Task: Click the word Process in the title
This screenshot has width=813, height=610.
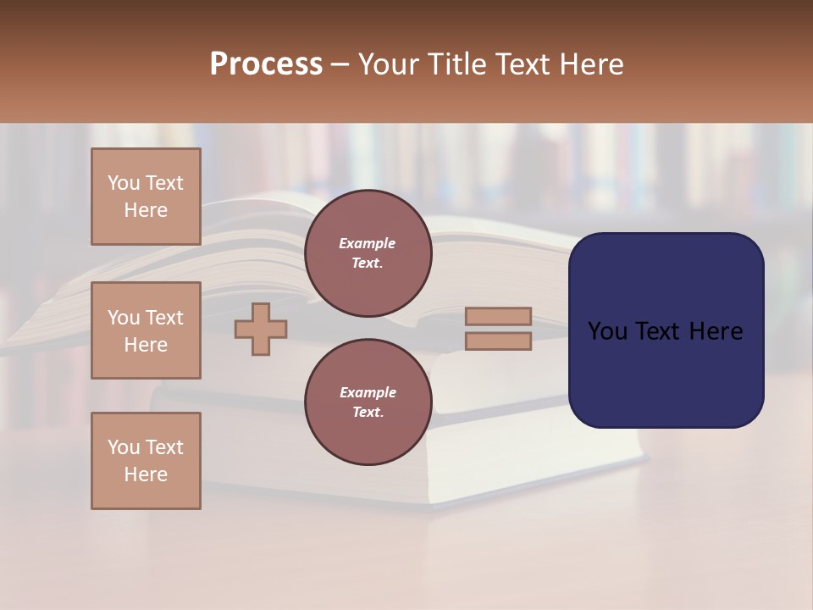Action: tap(266, 64)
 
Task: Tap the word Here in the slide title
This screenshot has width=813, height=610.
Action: tap(589, 64)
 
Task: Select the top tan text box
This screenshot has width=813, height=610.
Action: tap(146, 197)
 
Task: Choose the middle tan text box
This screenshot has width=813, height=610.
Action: tap(146, 330)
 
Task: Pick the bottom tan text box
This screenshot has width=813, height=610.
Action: tap(146, 461)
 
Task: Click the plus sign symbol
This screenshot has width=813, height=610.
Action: tap(261, 329)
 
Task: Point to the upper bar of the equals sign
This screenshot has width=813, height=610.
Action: tap(498, 316)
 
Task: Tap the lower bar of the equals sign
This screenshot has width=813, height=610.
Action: tap(498, 341)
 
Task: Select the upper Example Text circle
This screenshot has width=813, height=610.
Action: tap(368, 252)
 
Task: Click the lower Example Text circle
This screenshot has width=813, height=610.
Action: tap(368, 402)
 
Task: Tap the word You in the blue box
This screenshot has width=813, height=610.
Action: tap(608, 331)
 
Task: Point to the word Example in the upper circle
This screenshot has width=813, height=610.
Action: tap(368, 243)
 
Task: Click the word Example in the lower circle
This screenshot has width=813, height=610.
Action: tap(368, 392)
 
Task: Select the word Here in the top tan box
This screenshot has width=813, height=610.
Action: tap(146, 210)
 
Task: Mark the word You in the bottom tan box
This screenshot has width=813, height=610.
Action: tap(124, 447)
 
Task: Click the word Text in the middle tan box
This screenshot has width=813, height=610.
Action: tap(164, 318)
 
